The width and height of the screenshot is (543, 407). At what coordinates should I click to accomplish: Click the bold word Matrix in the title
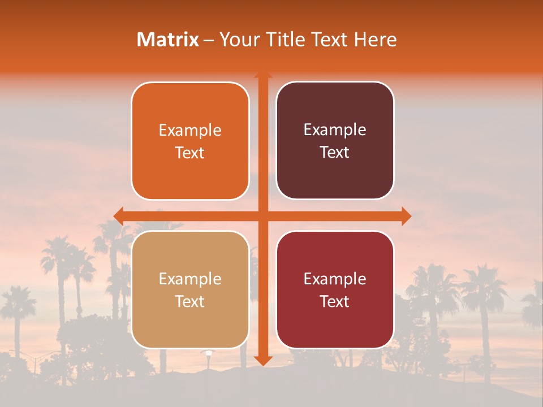pyautogui.click(x=168, y=40)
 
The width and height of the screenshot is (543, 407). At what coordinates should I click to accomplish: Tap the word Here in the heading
pyautogui.click(x=376, y=40)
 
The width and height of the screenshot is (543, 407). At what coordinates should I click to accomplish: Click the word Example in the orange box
pyautogui.click(x=190, y=131)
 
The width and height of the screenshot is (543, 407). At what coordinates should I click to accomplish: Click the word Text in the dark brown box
pyautogui.click(x=335, y=153)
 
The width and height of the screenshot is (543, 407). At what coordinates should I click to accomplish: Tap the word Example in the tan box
pyautogui.click(x=190, y=279)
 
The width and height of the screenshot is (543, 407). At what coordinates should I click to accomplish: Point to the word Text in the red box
pyautogui.click(x=335, y=302)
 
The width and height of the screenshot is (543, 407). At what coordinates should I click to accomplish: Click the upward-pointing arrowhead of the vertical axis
pyautogui.click(x=263, y=75)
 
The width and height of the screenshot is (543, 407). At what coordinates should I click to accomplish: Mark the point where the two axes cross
pyautogui.click(x=263, y=216)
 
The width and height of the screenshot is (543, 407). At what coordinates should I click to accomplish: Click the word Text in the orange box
pyautogui.click(x=190, y=153)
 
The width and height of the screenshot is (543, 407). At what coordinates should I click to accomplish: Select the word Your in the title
pyautogui.click(x=238, y=40)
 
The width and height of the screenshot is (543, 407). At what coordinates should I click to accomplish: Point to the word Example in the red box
pyautogui.click(x=335, y=279)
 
